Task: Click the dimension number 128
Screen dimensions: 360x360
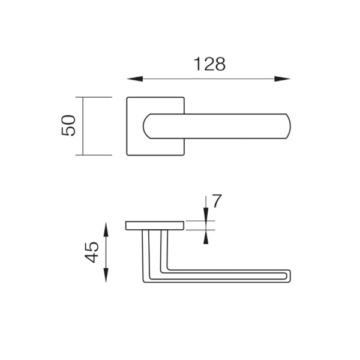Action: pos(209,64)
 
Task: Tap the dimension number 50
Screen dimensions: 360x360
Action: pos(70,125)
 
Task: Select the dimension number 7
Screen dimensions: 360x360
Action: pos(217,201)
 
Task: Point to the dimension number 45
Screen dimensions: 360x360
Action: pos(92,252)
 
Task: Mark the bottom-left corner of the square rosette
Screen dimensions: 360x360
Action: pos(128,154)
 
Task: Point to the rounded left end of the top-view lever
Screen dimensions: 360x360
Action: pos(145,126)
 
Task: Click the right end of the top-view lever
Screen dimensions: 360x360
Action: pos(291,126)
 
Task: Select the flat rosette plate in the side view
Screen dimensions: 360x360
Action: pos(154,226)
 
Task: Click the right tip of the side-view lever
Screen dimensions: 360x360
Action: pos(291,275)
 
